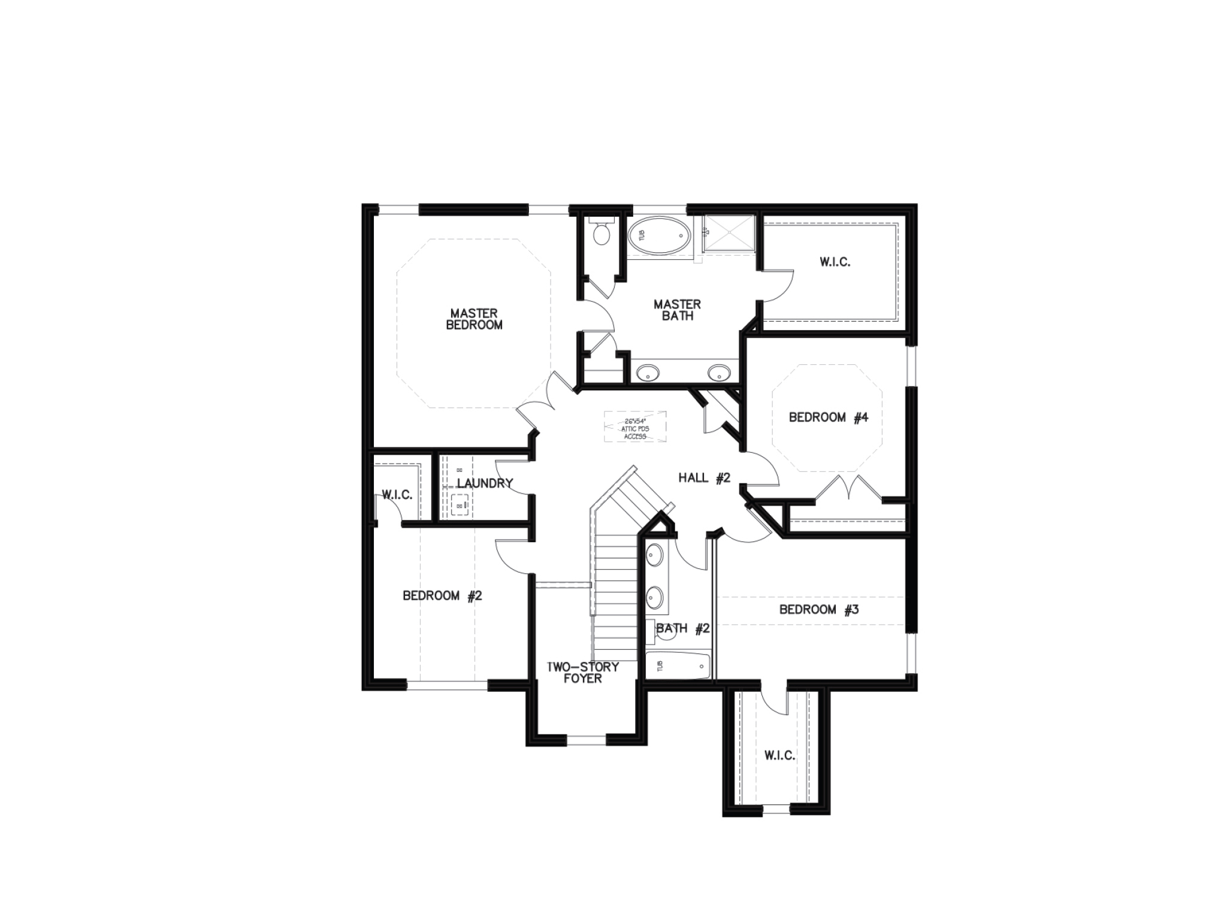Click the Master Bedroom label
(474, 319)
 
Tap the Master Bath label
(677, 310)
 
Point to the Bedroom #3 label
(819, 610)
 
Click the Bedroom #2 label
(442, 596)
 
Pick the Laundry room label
(485, 483)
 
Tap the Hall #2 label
(704, 478)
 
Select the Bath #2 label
(683, 629)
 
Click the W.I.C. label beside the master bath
(835, 262)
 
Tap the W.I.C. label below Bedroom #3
(779, 756)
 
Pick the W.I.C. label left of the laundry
(397, 495)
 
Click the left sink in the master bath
(647, 373)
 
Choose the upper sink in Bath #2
(654, 555)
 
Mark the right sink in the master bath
(718, 373)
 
